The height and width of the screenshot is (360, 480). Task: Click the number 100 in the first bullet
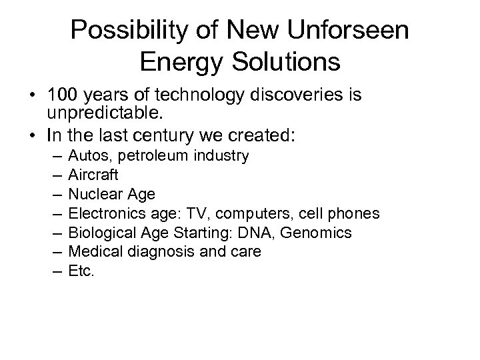click(62, 96)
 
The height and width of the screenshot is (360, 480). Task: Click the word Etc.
click(82, 271)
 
